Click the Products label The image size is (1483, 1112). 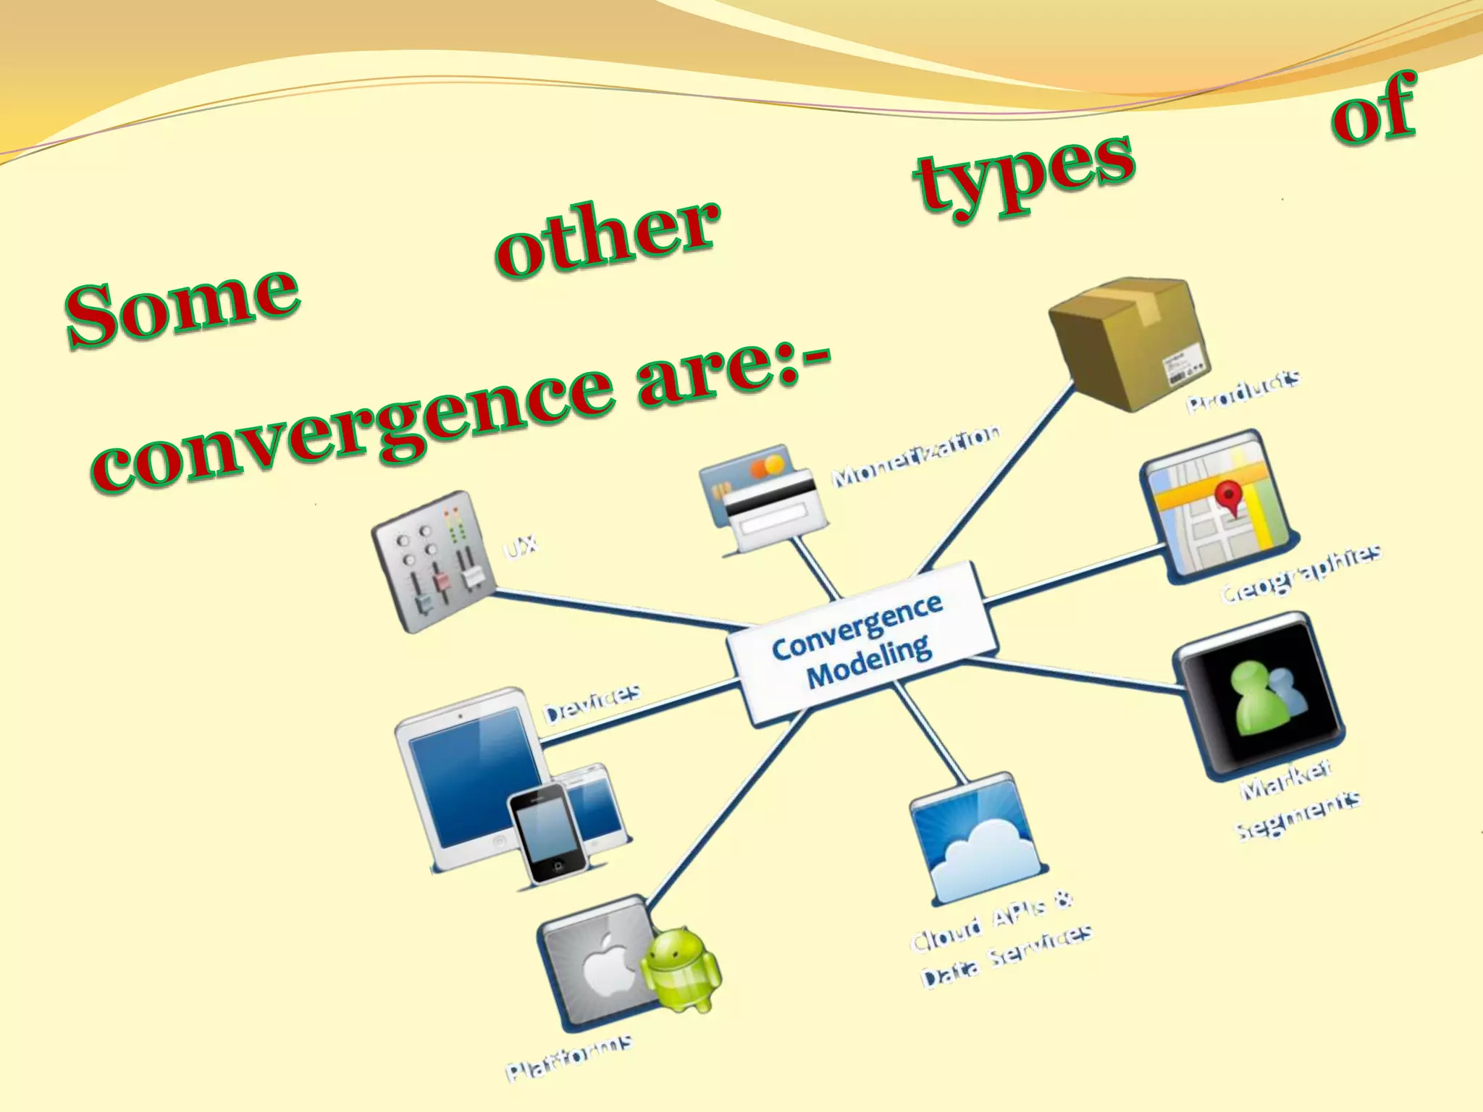pyautogui.click(x=1243, y=392)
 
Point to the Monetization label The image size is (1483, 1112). pyautogui.click(x=916, y=456)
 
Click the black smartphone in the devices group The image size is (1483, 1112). pyautogui.click(x=547, y=833)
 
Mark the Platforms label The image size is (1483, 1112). pyautogui.click(x=568, y=1058)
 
